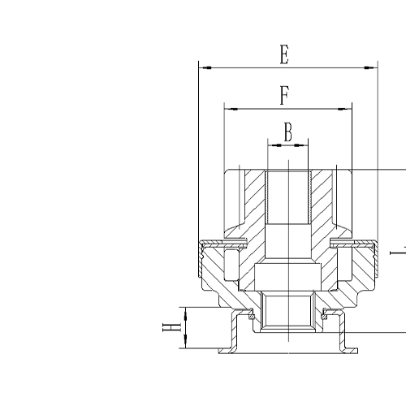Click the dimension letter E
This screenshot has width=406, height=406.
[284, 55]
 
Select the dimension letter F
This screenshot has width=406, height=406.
[284, 95]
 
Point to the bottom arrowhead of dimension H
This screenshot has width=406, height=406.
[188, 345]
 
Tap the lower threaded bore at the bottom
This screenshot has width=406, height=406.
[287, 312]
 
